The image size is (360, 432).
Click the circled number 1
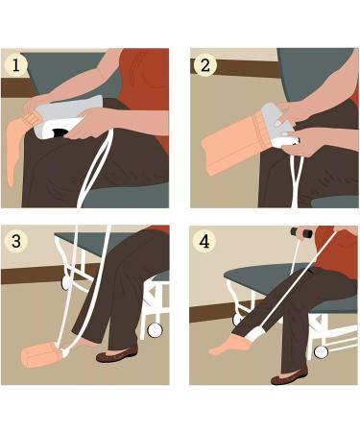(16, 65)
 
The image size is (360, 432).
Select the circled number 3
(16, 241)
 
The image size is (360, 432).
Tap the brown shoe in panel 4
(289, 377)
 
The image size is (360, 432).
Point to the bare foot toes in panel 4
(216, 350)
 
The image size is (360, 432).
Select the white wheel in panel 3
(154, 328)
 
